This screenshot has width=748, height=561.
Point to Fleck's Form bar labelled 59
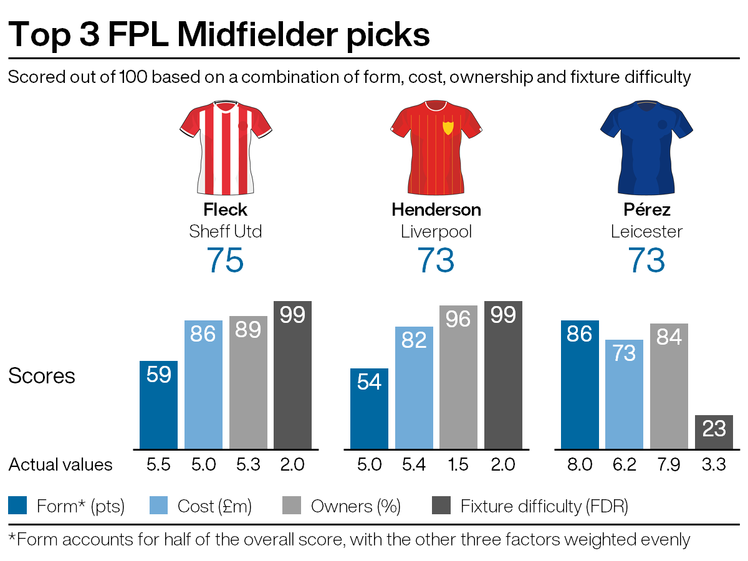[x=158, y=405]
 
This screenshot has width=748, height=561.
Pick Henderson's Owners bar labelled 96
[x=458, y=377]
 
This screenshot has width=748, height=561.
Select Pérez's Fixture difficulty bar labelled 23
[x=714, y=431]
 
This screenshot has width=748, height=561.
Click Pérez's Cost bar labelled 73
[x=625, y=394]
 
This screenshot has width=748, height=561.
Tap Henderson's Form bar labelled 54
[x=369, y=408]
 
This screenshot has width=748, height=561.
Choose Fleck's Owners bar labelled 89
[x=247, y=382]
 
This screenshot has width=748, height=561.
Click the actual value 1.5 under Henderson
[x=458, y=465]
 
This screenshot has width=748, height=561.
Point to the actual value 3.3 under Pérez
[x=714, y=465]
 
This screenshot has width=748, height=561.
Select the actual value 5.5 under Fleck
[x=158, y=465]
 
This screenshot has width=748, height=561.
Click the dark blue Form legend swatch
[x=17, y=506]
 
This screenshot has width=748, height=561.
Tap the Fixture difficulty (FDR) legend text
[x=544, y=506]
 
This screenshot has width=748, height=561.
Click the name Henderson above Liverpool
[x=436, y=209]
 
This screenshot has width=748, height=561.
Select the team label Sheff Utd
[x=225, y=232]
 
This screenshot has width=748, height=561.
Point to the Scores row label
[x=41, y=376]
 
